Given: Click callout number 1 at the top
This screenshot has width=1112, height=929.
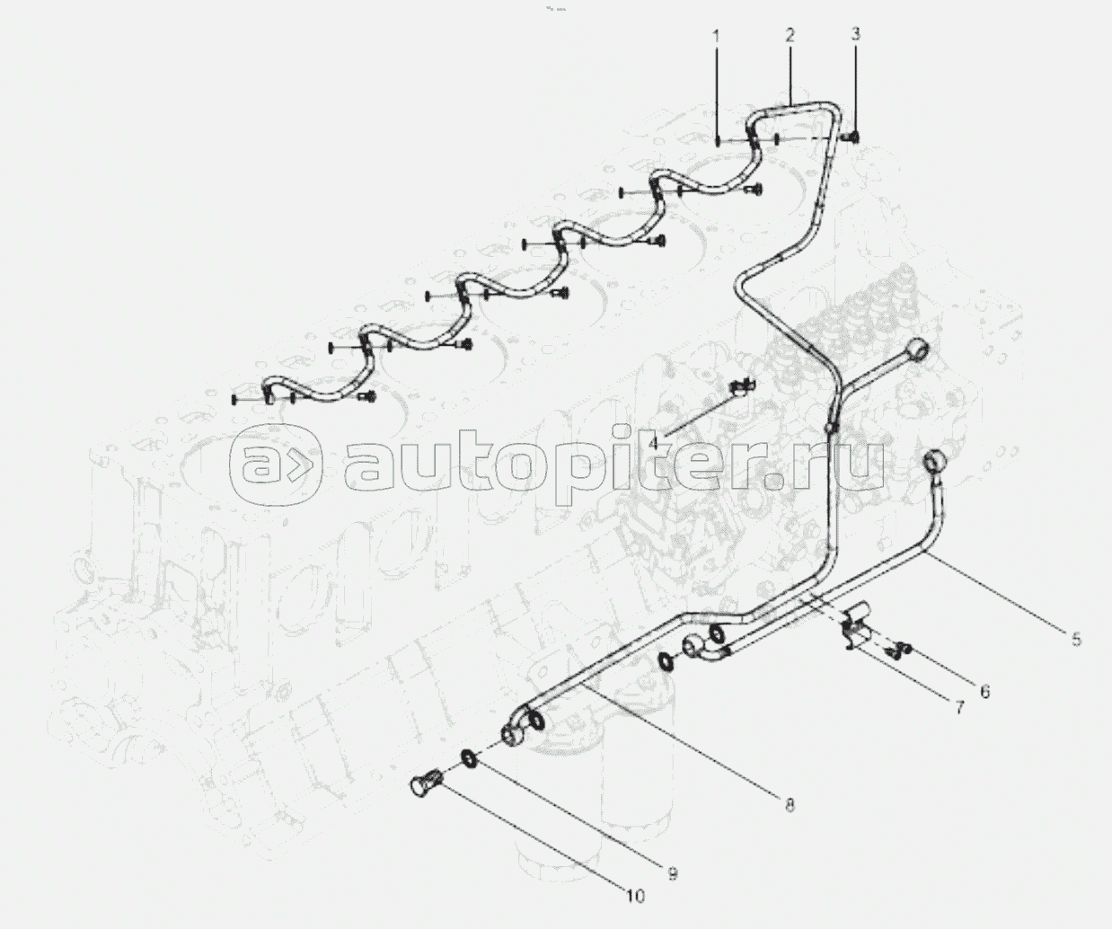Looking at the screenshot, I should tap(717, 37).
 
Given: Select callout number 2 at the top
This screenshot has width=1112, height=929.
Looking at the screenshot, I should tap(790, 36).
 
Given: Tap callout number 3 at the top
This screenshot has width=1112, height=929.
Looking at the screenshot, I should tap(855, 34).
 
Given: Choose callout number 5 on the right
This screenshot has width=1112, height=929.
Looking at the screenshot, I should tap(1075, 640).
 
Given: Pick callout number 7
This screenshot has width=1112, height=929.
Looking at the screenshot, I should tap(958, 708).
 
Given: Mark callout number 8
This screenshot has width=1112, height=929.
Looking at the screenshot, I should tap(789, 805).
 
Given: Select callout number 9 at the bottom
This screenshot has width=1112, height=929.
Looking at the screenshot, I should tap(671, 872).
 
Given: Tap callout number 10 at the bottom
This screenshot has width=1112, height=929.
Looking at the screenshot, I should tap(635, 896).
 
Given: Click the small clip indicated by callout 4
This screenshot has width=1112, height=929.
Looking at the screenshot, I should tap(741, 386).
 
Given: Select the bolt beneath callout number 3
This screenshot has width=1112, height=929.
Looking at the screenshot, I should tap(852, 137).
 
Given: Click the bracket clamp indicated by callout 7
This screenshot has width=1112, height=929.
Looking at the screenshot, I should tap(857, 629).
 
